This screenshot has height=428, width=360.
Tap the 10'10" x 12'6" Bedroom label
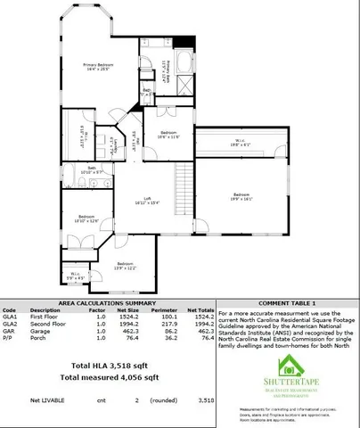86,218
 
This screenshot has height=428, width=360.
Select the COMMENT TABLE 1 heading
288,303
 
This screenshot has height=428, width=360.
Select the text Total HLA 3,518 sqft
107,366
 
